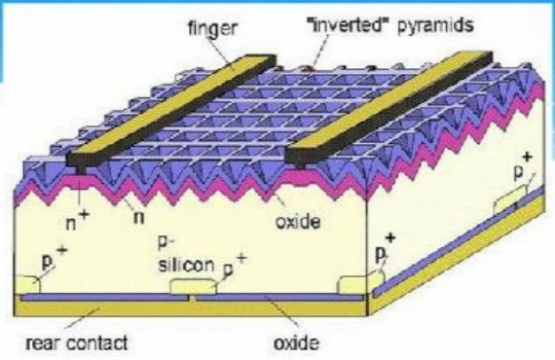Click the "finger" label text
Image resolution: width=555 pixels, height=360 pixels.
(212, 28)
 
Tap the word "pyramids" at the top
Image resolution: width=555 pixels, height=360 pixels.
(435, 26)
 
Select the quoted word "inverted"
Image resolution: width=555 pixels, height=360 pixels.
(346, 25)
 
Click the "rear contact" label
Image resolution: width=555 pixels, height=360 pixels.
(77, 342)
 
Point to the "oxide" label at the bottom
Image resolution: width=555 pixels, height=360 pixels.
(296, 342)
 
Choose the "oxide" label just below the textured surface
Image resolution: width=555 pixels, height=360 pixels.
(298, 222)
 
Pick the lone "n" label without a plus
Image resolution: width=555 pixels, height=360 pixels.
(139, 218)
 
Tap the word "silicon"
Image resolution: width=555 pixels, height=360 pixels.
(186, 266)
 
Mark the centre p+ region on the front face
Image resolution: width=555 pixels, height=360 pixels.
(193, 286)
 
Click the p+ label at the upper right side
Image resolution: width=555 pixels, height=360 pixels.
(523, 167)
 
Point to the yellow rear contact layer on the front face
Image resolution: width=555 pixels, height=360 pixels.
(191, 306)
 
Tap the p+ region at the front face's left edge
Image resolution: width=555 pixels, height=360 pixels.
(27, 285)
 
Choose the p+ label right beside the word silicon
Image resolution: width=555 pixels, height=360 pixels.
(234, 266)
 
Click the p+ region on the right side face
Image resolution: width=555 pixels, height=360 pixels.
(510, 202)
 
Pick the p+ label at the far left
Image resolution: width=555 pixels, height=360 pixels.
(55, 258)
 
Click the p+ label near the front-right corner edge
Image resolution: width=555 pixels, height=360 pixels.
(385, 248)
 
